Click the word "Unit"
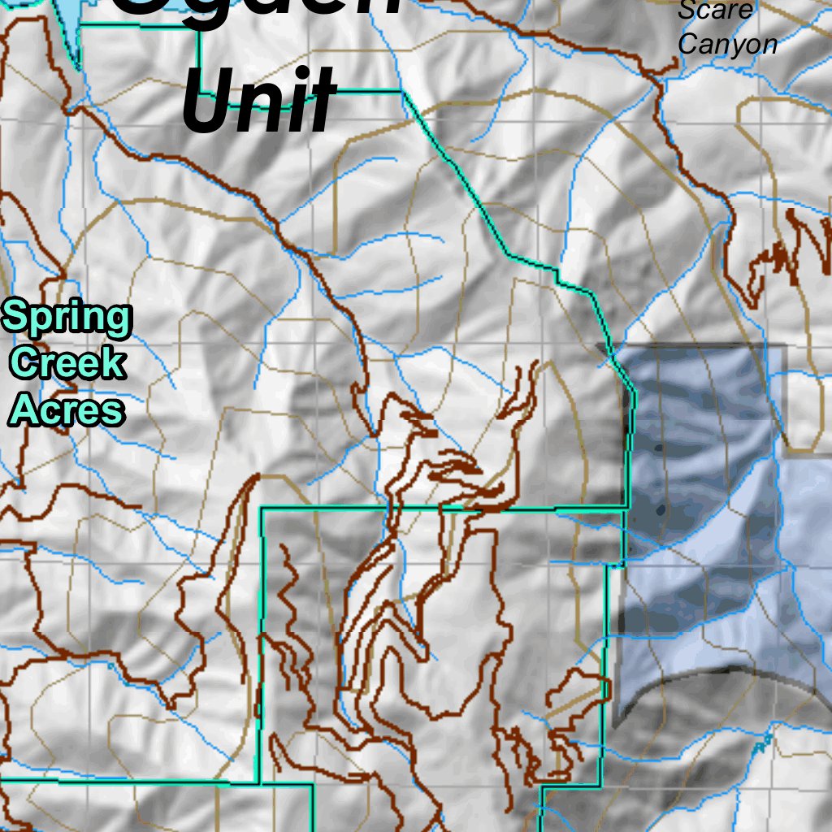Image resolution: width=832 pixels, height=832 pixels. click(258, 101)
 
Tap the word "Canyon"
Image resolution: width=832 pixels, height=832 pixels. click(727, 44)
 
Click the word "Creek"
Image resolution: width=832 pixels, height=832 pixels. click(69, 362)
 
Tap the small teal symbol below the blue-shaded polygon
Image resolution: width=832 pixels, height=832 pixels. click(761, 742)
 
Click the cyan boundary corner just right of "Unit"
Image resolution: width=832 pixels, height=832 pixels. click(401, 92)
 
